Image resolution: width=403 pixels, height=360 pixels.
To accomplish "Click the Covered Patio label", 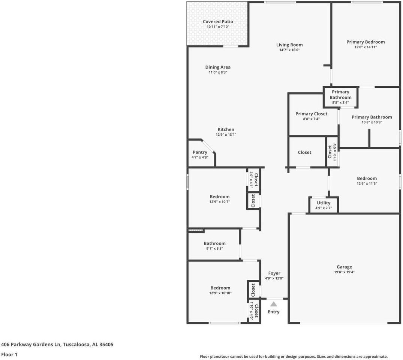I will tap(218, 22).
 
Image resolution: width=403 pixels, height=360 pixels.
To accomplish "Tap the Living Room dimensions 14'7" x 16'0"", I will tap(289, 50).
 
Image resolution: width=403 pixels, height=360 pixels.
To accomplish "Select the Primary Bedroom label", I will tap(365, 42).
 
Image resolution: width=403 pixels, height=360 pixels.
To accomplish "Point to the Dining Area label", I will tap(218, 67).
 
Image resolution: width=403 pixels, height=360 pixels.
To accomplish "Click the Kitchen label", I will tap(226, 129).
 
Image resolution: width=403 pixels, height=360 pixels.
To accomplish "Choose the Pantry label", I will tap(200, 152).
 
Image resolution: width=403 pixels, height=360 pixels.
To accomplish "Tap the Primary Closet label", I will tap(311, 114).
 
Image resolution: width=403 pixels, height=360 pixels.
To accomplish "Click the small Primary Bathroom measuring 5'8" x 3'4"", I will tap(340, 95).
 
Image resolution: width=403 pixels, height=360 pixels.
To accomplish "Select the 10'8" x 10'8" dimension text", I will tap(372, 122).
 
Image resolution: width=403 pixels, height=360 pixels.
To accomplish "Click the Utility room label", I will tap(323, 203).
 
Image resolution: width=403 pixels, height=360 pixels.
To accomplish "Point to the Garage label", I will tap(344, 267).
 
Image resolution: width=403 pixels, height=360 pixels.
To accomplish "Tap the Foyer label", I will tap(274, 273).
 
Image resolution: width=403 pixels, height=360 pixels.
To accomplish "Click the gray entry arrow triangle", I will tap(274, 304).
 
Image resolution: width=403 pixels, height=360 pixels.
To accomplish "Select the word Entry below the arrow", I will tap(274, 312).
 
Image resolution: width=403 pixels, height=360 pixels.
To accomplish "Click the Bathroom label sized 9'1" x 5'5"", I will tap(214, 243).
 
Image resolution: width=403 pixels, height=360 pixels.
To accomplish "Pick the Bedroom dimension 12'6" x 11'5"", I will tap(367, 184).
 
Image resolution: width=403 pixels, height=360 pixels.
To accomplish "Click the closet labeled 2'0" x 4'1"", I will tap(254, 179).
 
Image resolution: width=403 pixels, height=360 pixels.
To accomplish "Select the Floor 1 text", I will tap(9, 354).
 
